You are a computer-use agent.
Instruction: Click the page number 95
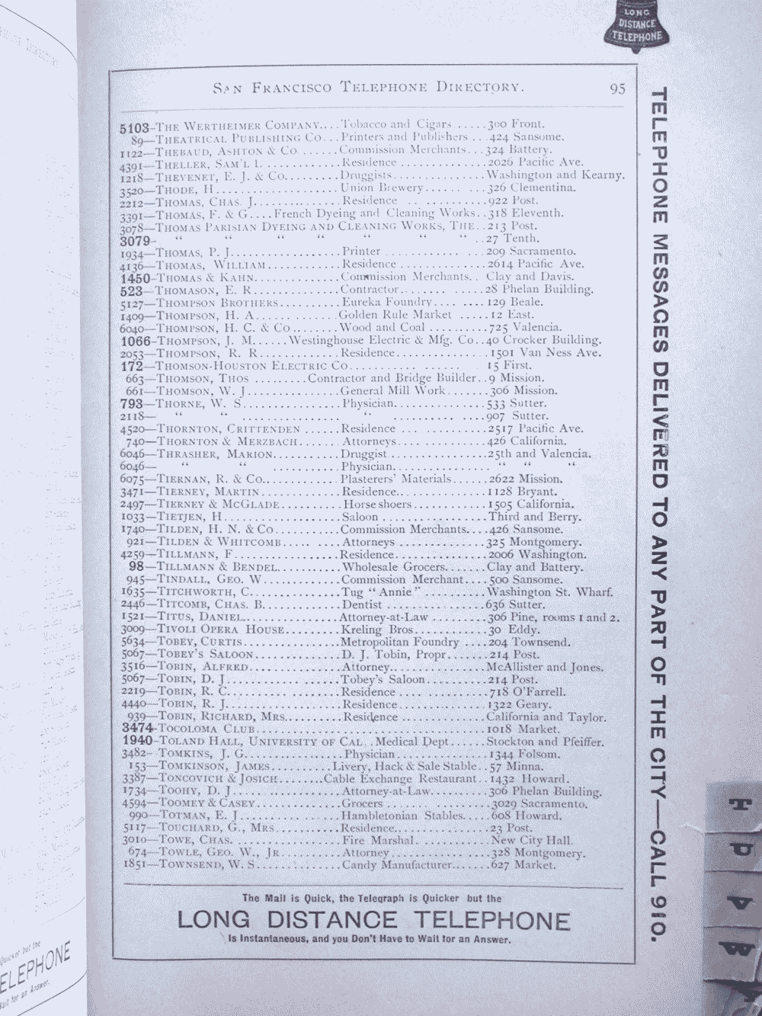[617, 88]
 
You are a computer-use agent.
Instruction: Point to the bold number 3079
[137, 239]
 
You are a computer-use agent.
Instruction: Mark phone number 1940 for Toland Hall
[137, 742]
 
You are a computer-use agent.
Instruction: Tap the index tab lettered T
[736, 806]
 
